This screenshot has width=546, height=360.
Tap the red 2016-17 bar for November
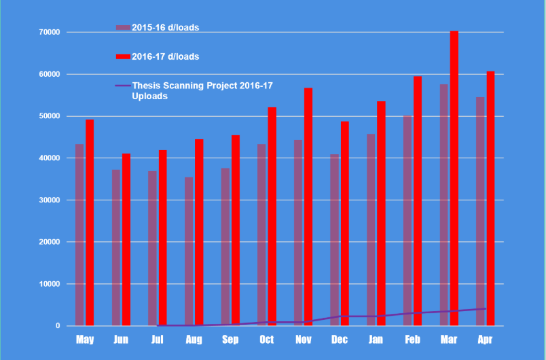pos(308,206)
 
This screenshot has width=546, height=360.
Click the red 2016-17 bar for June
pos(126,240)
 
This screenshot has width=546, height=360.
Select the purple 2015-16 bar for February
pos(407,221)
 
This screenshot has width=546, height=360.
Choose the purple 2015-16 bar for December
pos(335,240)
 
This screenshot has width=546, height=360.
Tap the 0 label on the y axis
pos(58,326)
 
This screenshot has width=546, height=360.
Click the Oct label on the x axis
pos(267,340)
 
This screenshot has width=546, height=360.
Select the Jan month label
pos(376,340)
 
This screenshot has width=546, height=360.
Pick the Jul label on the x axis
pos(158,340)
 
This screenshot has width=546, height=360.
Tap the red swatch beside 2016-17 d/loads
pos(123,57)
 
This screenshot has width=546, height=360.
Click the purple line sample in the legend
pos(123,86)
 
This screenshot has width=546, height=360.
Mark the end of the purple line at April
pos(486,309)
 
